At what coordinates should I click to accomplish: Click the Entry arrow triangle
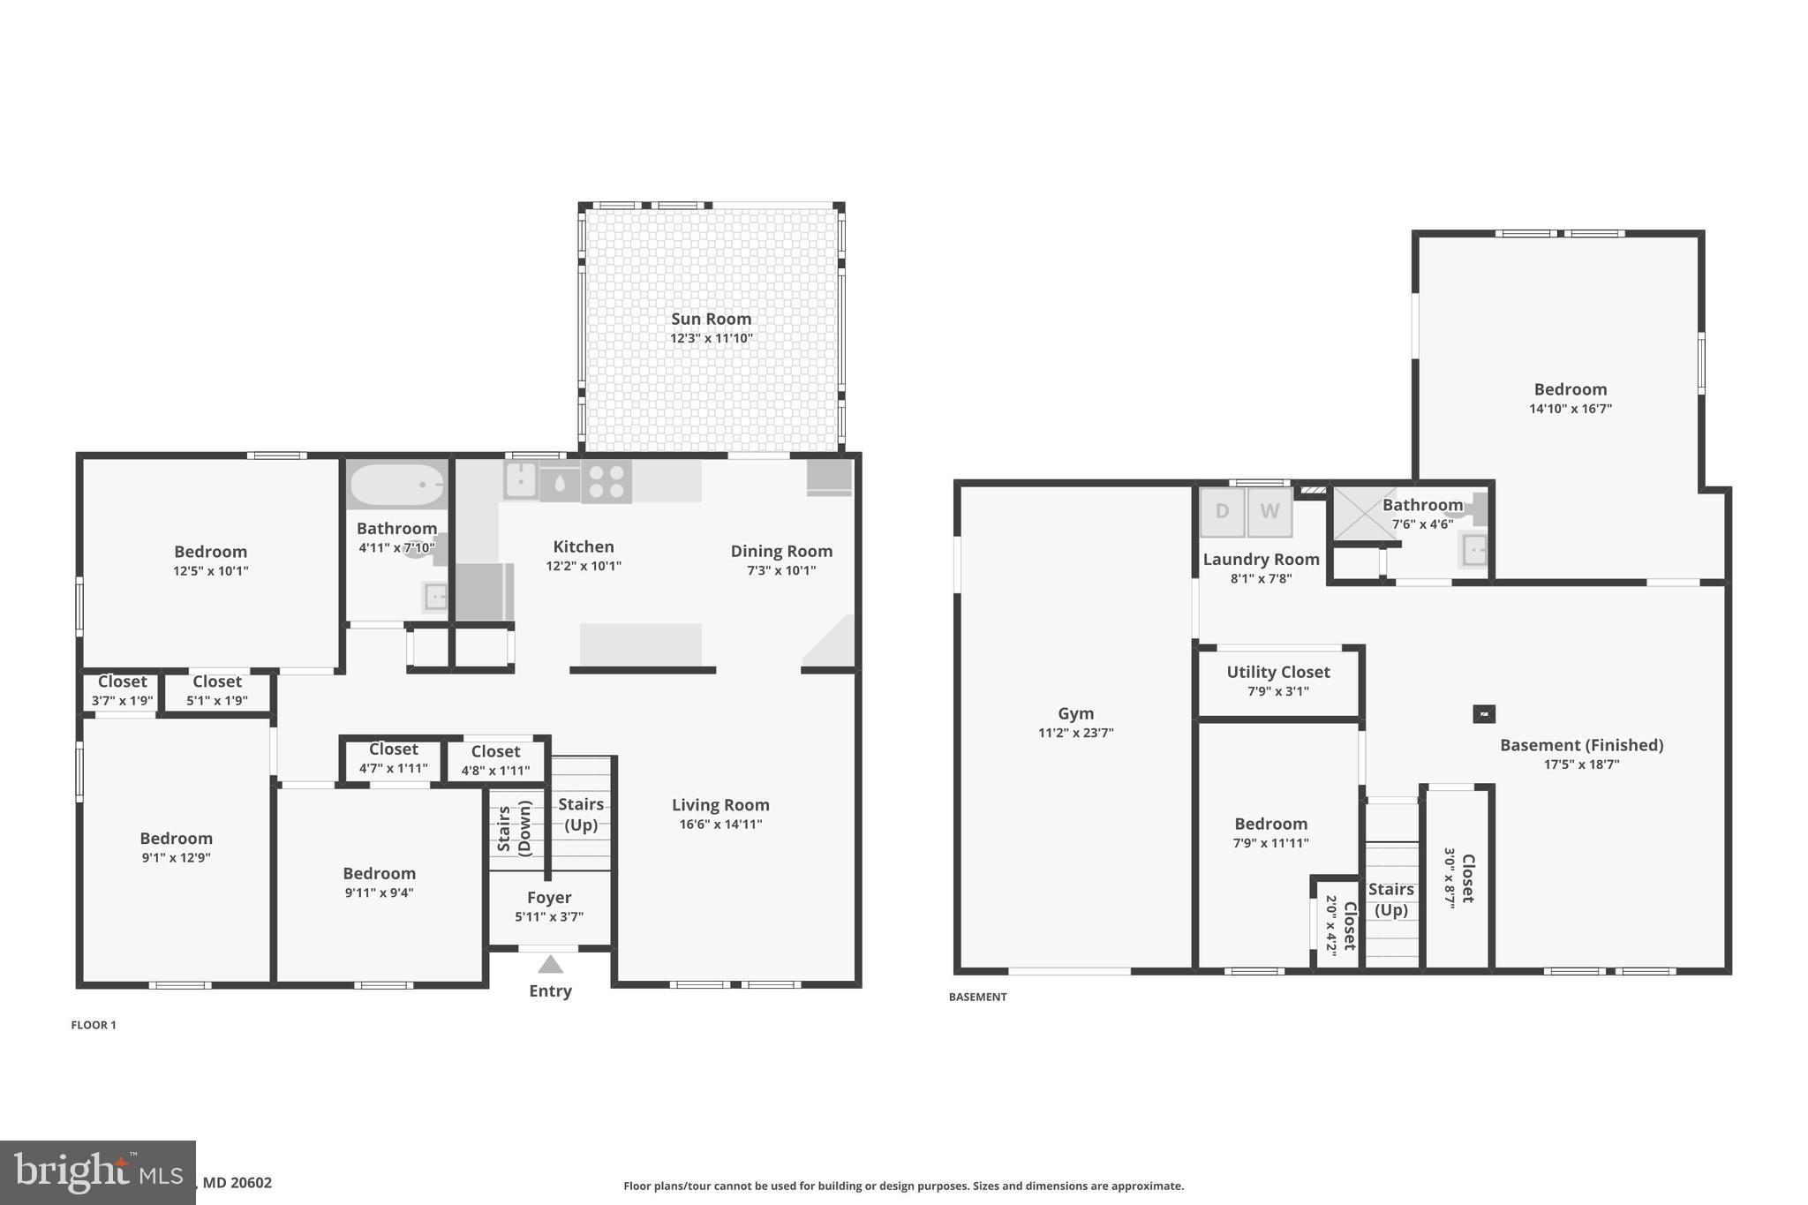pos(550,964)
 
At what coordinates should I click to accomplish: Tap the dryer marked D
pos(1222,511)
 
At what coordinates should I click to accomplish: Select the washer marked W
pos(1269,511)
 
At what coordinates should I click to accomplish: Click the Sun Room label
pos(711,319)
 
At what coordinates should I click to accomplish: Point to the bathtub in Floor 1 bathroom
pos(397,485)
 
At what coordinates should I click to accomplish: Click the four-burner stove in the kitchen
pos(606,482)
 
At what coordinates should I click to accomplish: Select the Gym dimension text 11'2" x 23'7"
pos(1075,733)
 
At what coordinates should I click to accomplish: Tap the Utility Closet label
pos(1277,672)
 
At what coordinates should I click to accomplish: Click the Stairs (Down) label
pos(514,828)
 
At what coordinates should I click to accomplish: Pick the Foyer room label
pos(549,897)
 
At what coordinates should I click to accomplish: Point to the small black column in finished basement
pos(1484,713)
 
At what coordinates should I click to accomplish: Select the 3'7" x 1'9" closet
pos(123,691)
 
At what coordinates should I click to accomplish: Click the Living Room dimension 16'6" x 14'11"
pos(720,825)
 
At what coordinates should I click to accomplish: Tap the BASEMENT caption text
pos(977,997)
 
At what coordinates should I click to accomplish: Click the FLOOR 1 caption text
pos(94,1025)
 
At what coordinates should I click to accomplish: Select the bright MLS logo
pos(97,1172)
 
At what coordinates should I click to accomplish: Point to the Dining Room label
pos(781,551)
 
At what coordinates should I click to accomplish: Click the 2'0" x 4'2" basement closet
pos(1337,925)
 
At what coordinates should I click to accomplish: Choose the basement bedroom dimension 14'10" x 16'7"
pos(1570,409)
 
